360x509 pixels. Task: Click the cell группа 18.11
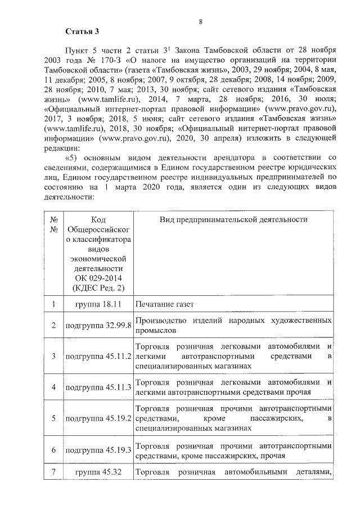98,304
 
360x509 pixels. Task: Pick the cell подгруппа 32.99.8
98,326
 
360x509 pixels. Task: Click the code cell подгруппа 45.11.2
98,356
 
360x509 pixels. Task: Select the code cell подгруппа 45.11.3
98,388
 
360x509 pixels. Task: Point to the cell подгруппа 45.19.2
98,418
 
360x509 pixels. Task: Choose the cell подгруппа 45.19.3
98,450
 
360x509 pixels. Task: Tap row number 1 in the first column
54,304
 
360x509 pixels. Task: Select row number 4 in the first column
54,388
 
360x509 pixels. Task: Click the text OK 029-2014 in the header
98,278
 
